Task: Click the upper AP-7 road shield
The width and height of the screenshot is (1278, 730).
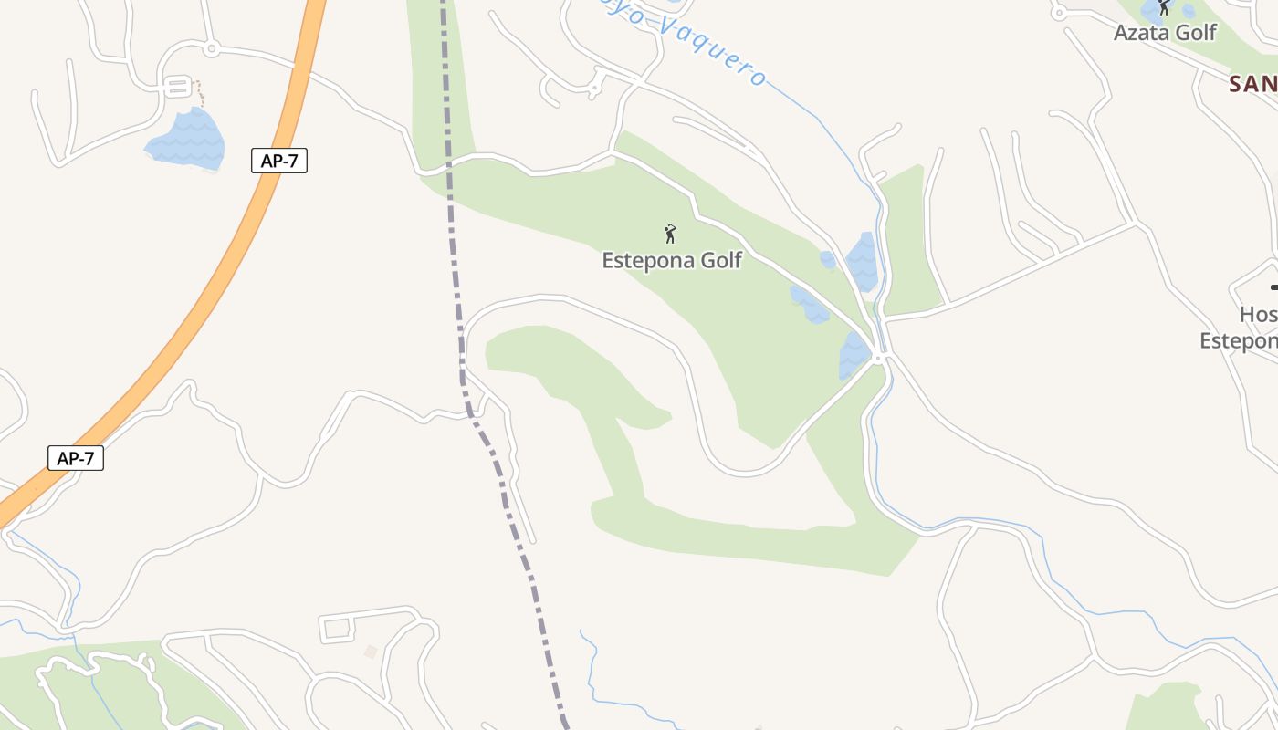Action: click(279, 161)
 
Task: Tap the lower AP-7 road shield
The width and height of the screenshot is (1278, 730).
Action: click(76, 458)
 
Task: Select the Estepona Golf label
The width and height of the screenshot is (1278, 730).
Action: click(672, 260)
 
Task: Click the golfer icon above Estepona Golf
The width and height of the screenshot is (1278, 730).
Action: click(671, 234)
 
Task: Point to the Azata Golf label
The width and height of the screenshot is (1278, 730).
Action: click(1165, 33)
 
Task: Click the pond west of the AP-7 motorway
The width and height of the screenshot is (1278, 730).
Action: click(186, 140)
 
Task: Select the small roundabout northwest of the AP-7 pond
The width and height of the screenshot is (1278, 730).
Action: click(212, 47)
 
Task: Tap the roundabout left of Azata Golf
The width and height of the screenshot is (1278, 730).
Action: click(1059, 12)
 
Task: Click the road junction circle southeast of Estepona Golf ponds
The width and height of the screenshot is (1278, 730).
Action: click(878, 358)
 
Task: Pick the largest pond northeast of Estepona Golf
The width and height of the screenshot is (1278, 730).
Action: click(862, 261)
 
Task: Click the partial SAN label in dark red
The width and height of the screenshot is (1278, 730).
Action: click(1252, 84)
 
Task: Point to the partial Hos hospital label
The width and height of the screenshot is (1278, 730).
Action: click(1258, 315)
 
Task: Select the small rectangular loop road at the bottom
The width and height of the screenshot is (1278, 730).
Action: click(336, 628)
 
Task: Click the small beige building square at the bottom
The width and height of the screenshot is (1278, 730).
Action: click(370, 652)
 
